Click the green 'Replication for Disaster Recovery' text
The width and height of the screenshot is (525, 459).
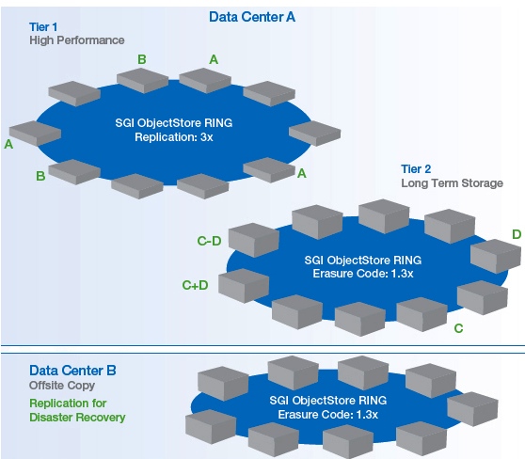tap(76, 409)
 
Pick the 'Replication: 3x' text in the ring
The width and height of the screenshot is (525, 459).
tap(175, 138)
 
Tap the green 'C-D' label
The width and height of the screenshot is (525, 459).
tap(208, 242)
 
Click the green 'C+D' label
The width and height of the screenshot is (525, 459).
tap(195, 285)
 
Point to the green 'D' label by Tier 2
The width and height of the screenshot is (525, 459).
tap(517, 233)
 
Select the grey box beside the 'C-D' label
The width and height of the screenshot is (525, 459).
tap(251, 239)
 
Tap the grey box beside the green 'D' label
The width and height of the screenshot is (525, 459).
tap(493, 255)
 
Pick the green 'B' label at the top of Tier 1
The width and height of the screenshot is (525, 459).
tap(142, 60)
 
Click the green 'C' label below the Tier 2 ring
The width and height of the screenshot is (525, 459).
tap(458, 328)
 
